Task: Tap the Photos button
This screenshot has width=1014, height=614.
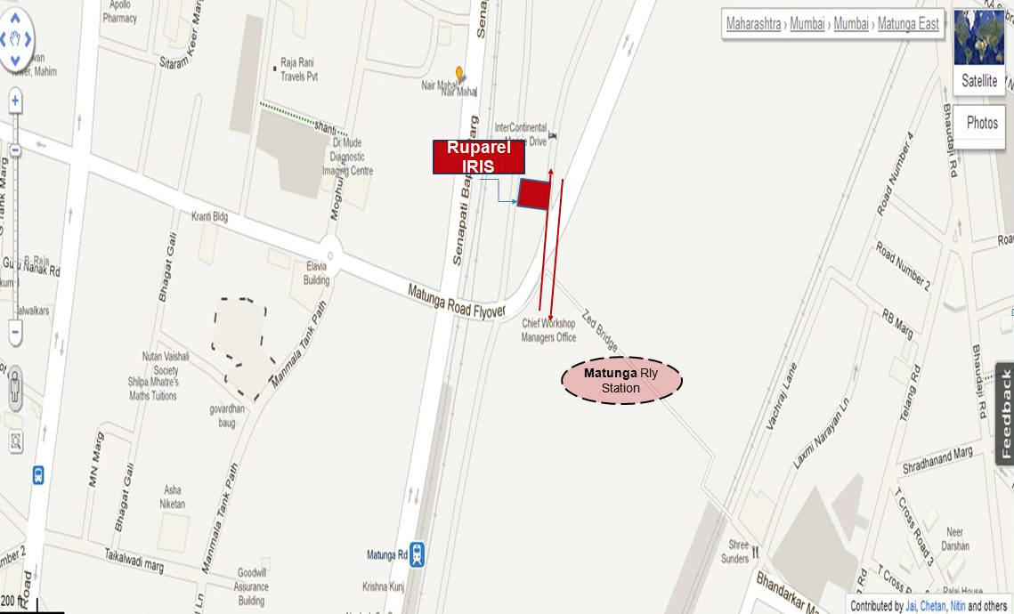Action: pos(982,123)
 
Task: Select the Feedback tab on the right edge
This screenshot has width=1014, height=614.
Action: pos(1005,414)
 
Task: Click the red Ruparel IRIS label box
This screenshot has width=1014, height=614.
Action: pos(479,158)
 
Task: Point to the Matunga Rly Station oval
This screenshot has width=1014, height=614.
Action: pos(621,380)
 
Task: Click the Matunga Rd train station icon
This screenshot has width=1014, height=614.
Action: pos(418,555)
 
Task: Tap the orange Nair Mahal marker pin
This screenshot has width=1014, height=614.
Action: pos(459,74)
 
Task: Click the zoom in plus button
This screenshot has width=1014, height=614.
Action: pos(15,101)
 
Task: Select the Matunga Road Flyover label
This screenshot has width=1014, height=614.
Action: pos(457,301)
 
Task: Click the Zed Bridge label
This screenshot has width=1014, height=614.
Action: pos(600,329)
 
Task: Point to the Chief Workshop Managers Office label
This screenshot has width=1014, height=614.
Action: pos(549,330)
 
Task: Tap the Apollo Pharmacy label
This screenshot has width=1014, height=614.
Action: pos(119,11)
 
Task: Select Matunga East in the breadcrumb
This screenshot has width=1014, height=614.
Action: pos(908,24)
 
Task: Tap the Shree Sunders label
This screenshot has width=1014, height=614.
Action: pos(735,552)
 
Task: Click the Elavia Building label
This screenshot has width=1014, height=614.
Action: pos(317,273)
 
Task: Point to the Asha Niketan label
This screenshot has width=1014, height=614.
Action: pos(173,497)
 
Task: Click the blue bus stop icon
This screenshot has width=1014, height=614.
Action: pos(38,475)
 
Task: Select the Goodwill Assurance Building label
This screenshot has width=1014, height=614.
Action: pos(251,587)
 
